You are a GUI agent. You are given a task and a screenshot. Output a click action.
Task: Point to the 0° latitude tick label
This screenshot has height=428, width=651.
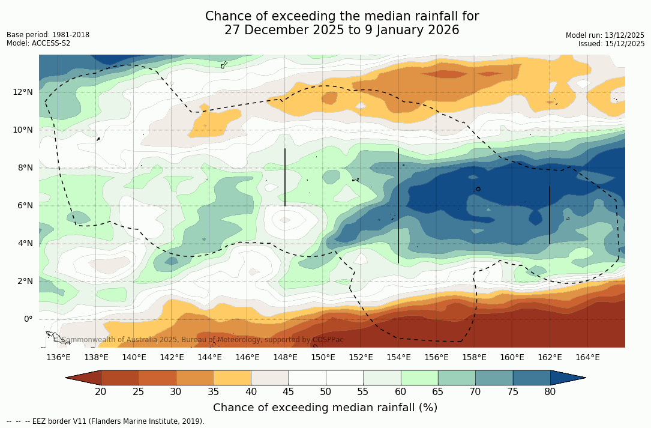click(x=28, y=319)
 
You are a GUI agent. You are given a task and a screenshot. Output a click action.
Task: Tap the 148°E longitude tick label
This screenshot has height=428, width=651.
click(x=285, y=358)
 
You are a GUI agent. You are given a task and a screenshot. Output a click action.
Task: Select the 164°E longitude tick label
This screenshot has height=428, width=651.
click(x=587, y=358)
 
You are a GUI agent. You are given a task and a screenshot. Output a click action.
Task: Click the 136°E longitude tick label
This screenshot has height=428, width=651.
click(x=58, y=358)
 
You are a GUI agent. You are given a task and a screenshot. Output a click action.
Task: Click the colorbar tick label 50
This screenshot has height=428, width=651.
click(x=326, y=392)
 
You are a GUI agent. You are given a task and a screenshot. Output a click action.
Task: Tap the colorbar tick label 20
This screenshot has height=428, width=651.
click(x=101, y=392)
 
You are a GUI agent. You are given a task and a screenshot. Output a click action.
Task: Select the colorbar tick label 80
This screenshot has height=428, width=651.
click(x=550, y=392)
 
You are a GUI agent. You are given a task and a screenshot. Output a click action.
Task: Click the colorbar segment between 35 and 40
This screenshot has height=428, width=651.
click(x=232, y=378)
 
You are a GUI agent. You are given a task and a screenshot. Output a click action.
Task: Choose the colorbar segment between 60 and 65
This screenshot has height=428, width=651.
click(x=419, y=378)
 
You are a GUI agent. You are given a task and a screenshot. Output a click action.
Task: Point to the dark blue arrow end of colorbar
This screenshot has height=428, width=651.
click(x=568, y=378)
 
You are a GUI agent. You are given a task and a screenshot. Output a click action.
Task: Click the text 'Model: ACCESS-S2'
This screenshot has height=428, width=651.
click(x=38, y=43)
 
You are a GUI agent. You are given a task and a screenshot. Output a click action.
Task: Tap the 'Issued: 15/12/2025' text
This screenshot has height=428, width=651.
click(x=611, y=44)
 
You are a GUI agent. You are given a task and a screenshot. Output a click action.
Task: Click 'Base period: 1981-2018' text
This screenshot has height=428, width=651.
click(x=48, y=35)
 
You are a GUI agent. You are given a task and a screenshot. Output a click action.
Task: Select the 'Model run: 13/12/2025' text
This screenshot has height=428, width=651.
click(x=605, y=35)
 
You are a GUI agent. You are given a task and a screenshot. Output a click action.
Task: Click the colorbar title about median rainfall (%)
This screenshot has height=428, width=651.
click(x=325, y=408)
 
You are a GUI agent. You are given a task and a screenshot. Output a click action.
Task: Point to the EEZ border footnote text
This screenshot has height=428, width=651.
click(x=105, y=421)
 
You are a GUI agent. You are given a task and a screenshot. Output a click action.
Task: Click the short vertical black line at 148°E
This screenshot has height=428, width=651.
click(x=285, y=177)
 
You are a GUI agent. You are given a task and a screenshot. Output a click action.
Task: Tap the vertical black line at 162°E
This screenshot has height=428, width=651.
click(x=550, y=215)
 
